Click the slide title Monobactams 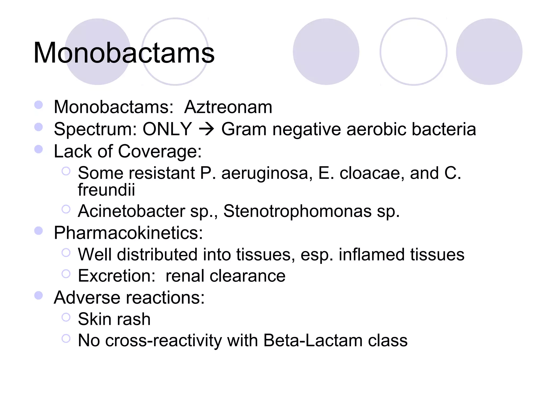coord(124,53)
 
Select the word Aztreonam coord(228,107)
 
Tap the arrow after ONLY coord(206,129)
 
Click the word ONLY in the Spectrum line coord(167,129)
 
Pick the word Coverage coord(160,151)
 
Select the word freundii coord(106,190)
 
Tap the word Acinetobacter coord(132,211)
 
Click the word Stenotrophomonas coord(297,211)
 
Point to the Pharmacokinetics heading coord(128,233)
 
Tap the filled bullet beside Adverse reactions coord(39,295)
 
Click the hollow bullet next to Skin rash coord(66,317)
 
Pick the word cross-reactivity coord(164,341)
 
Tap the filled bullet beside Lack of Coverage coord(39,149)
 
